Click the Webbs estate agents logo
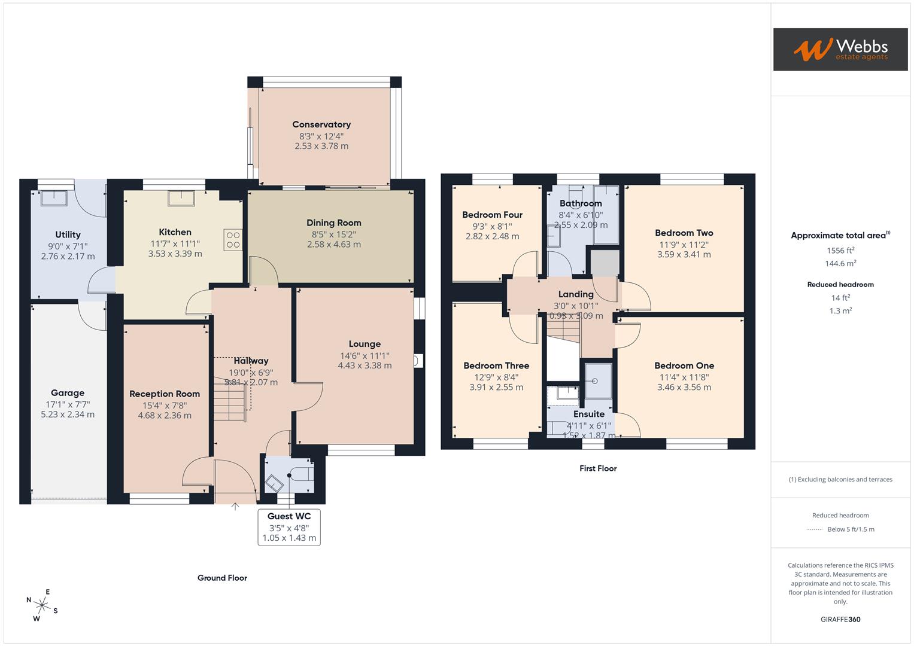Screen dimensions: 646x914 (840, 49)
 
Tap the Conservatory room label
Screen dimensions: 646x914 (321, 124)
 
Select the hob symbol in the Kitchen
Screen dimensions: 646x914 (233, 240)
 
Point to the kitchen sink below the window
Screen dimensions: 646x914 (181, 198)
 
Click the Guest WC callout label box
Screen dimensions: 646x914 (289, 526)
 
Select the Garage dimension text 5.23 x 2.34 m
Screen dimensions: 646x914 (68, 414)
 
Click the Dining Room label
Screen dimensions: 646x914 (333, 223)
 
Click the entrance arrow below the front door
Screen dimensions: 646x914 (235, 507)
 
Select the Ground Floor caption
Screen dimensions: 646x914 (222, 578)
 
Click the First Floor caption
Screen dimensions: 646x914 (597, 468)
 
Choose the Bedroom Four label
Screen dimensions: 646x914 (492, 215)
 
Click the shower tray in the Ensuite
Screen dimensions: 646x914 (598, 381)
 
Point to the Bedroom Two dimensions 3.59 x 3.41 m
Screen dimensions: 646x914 (684, 254)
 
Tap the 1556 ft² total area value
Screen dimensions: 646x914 (840, 251)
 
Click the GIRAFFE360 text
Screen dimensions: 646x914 (840, 619)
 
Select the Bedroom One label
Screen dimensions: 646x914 (684, 365)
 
